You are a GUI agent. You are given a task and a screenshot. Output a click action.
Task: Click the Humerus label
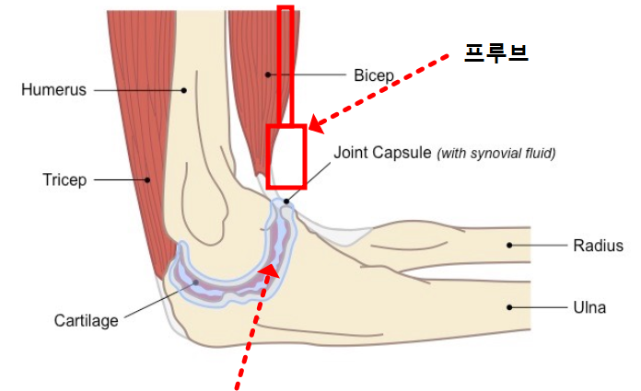pyautogui.click(x=53, y=90)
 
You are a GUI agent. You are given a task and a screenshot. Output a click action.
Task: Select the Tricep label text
pyautogui.click(x=64, y=179)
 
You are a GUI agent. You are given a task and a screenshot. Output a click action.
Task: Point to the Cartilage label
pyautogui.click(x=87, y=321)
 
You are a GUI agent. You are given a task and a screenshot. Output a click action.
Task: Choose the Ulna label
pyautogui.click(x=589, y=307)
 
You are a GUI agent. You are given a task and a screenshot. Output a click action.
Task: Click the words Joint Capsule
pyautogui.click(x=380, y=152)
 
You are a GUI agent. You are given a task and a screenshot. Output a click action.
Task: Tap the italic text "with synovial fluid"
pyautogui.click(x=496, y=153)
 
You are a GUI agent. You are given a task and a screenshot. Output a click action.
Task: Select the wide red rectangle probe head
pyautogui.click(x=286, y=156)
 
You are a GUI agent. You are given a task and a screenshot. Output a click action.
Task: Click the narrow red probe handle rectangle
pyautogui.click(x=286, y=64)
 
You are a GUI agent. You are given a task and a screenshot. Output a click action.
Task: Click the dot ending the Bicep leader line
pyautogui.click(x=267, y=74)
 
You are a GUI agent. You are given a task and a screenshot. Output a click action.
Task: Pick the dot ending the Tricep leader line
pyautogui.click(x=146, y=179)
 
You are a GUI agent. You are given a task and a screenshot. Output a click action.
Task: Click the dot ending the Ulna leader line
pyautogui.click(x=508, y=307)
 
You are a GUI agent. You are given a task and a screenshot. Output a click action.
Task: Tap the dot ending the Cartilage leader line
pyautogui.click(x=194, y=284)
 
